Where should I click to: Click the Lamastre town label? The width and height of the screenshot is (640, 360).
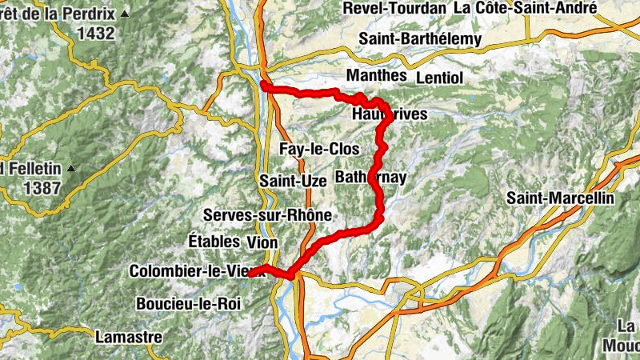[128, 338]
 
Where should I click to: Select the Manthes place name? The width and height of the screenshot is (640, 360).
[375, 74]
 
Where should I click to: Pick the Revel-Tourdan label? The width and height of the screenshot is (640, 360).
[394, 9]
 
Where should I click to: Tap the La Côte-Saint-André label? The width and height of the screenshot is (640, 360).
[525, 8]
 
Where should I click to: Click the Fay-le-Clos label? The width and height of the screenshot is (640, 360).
[319, 150]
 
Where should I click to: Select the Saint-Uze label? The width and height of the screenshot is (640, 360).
[293, 182]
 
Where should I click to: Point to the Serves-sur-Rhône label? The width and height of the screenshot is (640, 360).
[267, 216]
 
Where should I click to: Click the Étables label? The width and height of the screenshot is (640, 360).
[214, 242]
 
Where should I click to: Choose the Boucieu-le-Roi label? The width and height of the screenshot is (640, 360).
[187, 304]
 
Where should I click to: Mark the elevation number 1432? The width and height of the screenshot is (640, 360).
[97, 34]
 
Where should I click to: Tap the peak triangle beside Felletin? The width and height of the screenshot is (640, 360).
[71, 169]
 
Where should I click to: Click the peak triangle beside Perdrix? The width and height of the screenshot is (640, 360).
[126, 14]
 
